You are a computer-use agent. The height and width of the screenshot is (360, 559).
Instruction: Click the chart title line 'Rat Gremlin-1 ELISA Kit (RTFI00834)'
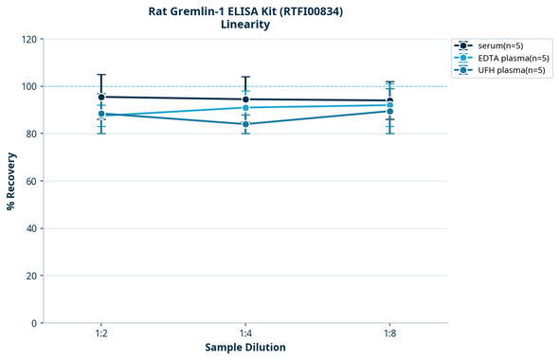245,11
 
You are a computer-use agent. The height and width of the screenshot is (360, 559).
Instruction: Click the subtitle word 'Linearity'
245,26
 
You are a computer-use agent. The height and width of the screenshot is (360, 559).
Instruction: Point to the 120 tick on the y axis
28,39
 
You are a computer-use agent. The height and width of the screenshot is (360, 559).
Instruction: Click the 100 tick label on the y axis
28,86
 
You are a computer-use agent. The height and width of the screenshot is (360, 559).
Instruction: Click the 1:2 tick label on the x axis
101,334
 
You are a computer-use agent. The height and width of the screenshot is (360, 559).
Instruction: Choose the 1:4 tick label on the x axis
245,334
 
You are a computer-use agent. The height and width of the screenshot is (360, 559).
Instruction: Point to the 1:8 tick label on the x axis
389,334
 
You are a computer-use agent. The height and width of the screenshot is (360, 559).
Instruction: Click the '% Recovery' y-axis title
11,181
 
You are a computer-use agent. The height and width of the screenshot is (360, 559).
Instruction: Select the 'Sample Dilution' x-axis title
245,348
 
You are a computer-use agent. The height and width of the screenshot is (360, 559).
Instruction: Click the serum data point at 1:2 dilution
101,97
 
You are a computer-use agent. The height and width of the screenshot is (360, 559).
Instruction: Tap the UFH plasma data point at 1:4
245,124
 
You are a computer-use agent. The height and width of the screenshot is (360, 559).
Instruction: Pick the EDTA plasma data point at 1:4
245,108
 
